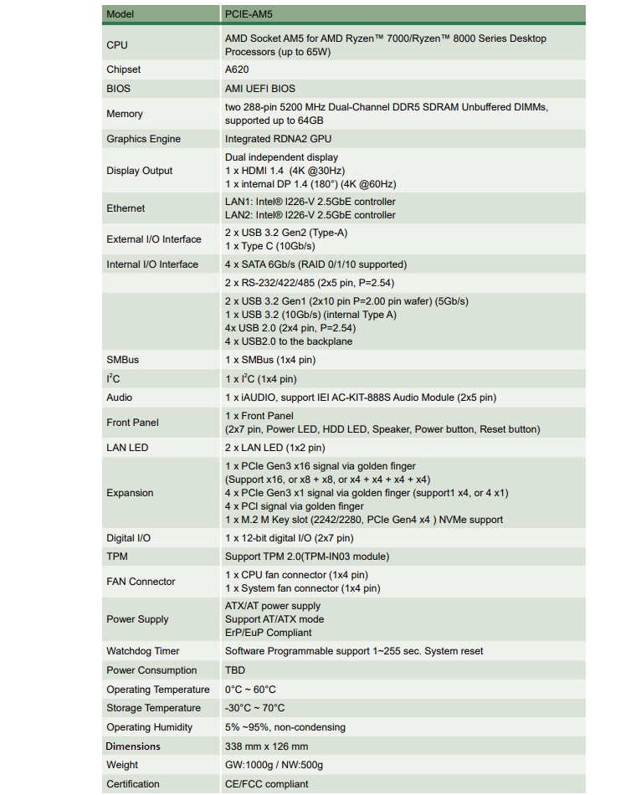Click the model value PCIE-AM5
pos(249,14)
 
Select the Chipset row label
pos(124,69)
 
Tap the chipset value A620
pos(237,69)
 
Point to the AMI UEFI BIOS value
pos(260,89)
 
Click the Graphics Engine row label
pos(143,139)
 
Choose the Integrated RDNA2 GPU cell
pos(279,139)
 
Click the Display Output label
pos(140,171)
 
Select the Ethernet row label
pos(126,208)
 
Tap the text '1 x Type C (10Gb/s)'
pos(270,246)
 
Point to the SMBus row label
pos(123,360)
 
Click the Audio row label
pos(120,397)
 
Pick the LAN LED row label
pos(127,448)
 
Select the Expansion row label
pos(130,493)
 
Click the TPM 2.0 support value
pos(307,556)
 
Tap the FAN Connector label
pos(141,582)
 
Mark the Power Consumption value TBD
pos(234,670)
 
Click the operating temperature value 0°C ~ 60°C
pos(250,690)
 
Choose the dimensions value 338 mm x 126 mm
pos(266,746)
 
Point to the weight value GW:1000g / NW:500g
pos(274,765)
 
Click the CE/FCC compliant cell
pos(266,784)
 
